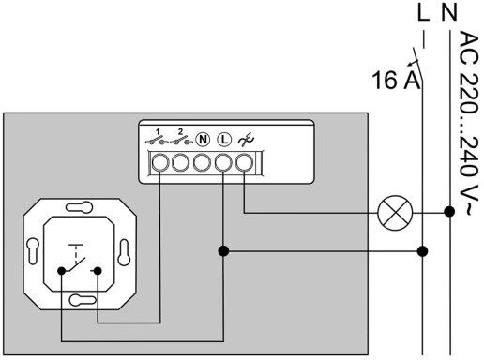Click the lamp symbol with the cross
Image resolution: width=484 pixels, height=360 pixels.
pos(395,213)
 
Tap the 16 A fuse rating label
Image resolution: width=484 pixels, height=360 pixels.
pos(396,81)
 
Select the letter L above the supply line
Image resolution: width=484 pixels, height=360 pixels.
pos(424,12)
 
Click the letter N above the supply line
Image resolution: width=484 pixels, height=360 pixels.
pos(449,12)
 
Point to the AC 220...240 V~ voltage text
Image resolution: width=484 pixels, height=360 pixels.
pos(469,123)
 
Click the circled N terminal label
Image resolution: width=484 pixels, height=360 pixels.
pos(203,140)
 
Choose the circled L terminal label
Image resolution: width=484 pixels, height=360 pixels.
pos(224,140)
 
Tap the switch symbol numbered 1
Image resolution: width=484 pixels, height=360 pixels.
pos(157,137)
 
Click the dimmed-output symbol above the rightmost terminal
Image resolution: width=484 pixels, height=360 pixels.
pos(246,140)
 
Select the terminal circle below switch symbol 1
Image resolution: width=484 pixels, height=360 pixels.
pos(160,163)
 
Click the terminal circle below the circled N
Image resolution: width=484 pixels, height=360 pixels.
pos(203,163)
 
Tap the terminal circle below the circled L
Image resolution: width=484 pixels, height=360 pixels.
pos(223,163)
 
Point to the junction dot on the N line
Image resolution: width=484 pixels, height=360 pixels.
pos(449,212)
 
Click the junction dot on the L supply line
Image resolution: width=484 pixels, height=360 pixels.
pos(423,251)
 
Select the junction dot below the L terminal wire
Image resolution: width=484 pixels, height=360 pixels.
pos(223,251)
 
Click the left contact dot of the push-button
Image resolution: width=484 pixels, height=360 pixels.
pos(62,271)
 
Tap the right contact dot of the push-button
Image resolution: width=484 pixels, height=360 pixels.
pos(98,271)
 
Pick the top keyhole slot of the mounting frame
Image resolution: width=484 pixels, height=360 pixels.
pos(80,207)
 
